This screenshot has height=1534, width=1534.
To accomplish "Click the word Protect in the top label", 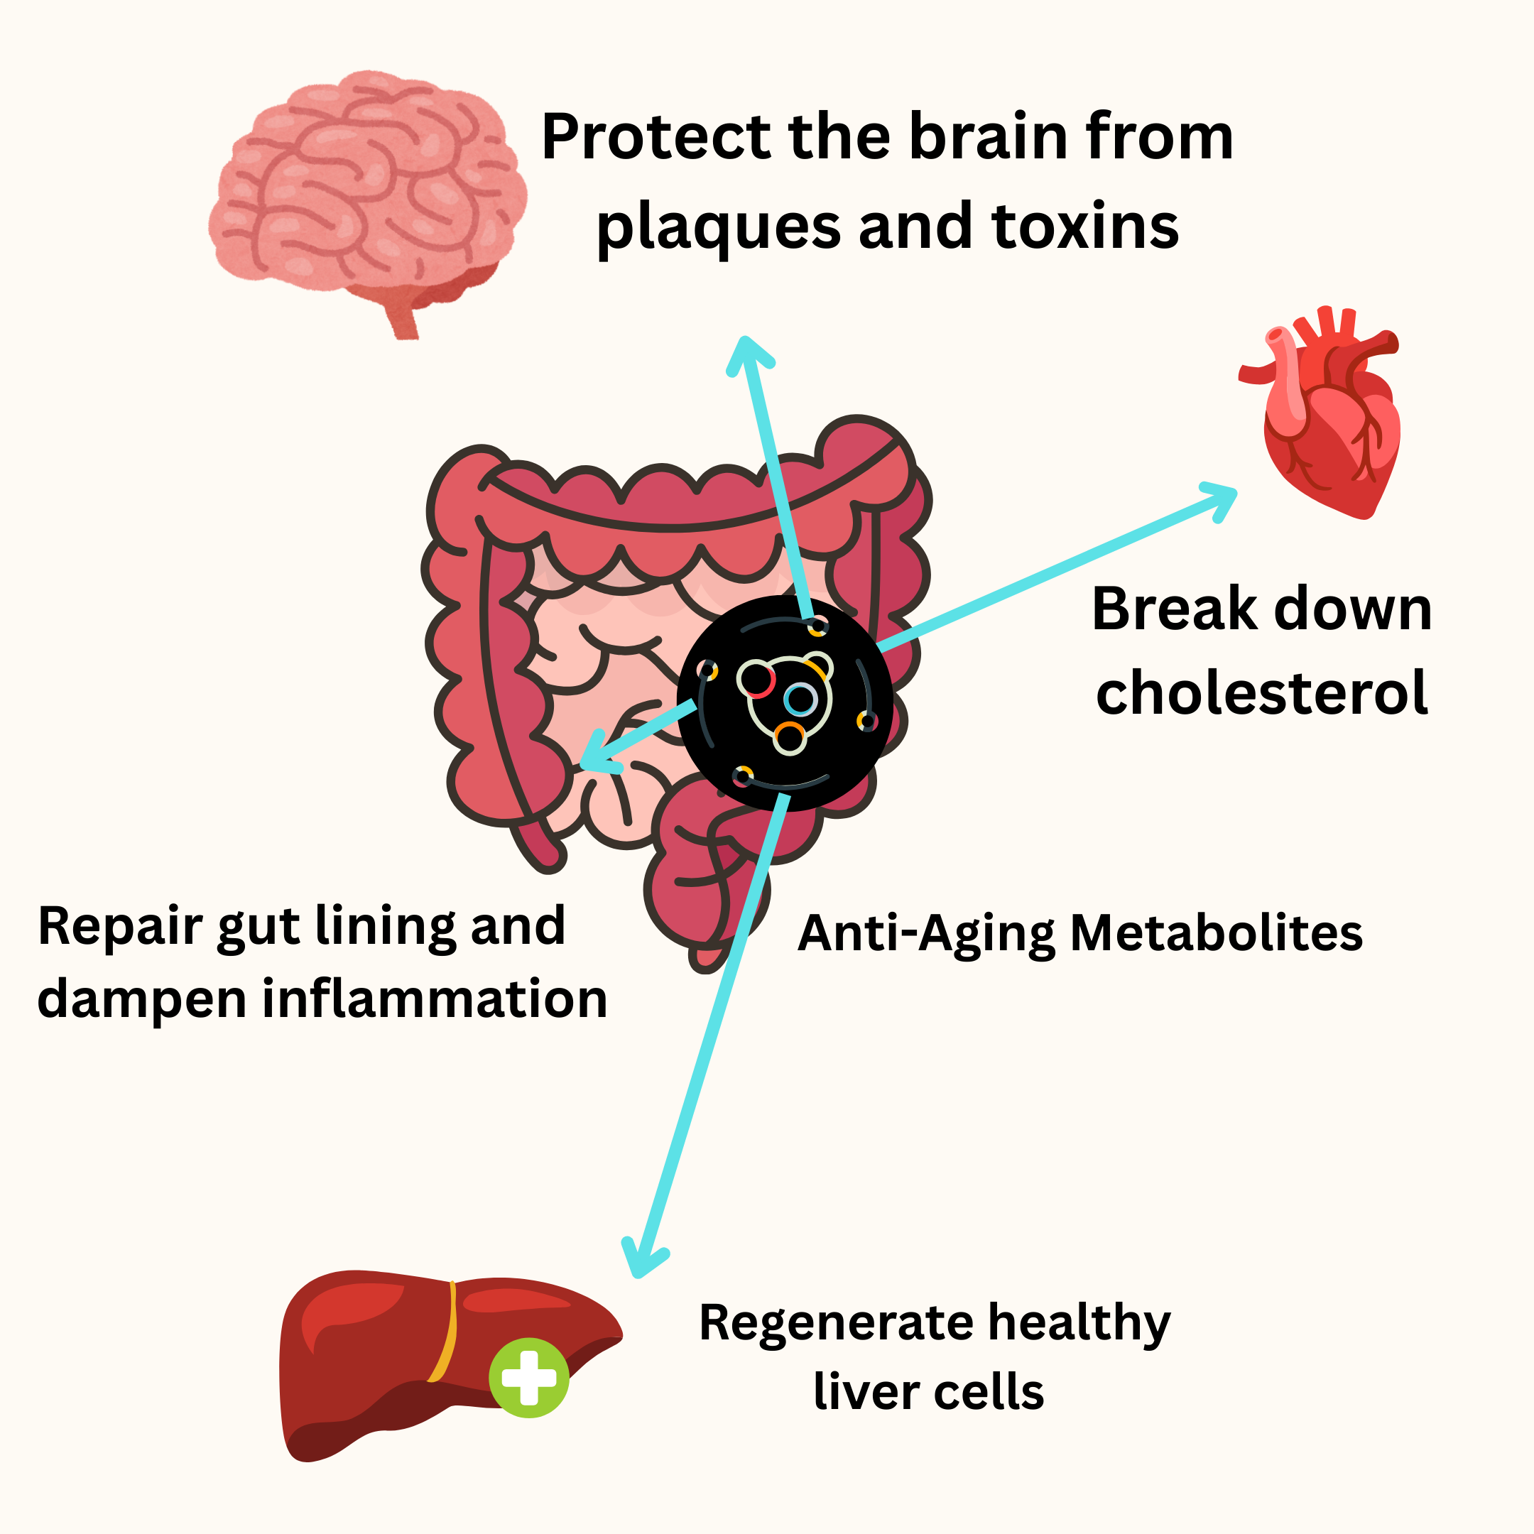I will tap(656, 136).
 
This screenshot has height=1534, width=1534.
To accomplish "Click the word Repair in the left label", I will tap(120, 926).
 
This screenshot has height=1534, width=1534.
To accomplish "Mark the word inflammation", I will tap(435, 998).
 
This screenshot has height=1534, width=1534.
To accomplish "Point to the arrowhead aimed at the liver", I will tap(641, 1258).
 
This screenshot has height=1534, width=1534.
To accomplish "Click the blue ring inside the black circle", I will tap(800, 700).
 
